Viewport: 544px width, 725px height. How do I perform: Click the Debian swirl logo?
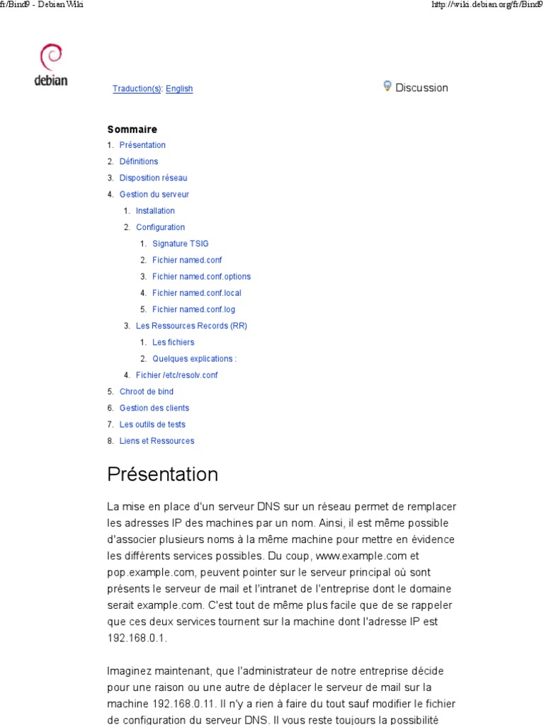[51, 57]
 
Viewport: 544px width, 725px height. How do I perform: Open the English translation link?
[179, 89]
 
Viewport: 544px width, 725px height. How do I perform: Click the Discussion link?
[421, 88]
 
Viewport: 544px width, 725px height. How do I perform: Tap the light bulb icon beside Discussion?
[387, 86]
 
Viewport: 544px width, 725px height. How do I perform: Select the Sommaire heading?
[132, 130]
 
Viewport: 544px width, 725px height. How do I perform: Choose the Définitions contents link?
[139, 161]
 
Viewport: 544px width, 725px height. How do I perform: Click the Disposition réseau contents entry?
[153, 178]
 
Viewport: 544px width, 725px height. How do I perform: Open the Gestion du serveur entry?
[154, 194]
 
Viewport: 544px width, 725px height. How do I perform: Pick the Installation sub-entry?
[155, 211]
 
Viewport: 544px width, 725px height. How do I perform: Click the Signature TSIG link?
[181, 244]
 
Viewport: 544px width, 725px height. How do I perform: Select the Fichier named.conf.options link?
[201, 277]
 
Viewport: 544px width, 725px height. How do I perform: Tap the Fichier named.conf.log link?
[193, 309]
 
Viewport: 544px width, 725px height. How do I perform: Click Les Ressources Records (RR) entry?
[191, 326]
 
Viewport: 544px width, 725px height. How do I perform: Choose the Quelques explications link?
[194, 359]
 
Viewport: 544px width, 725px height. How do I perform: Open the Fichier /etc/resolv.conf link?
[176, 375]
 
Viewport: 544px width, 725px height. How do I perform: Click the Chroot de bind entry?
[146, 392]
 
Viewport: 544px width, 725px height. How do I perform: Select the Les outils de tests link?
[152, 424]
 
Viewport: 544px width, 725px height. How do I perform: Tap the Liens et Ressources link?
[157, 440]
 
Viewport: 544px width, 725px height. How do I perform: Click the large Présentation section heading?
[163, 474]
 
